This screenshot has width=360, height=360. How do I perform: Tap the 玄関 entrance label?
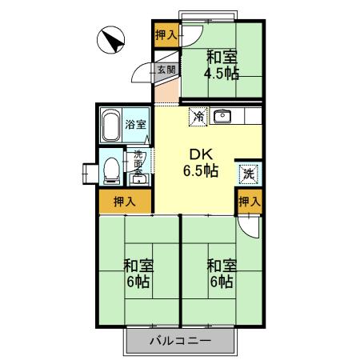(x=166, y=70)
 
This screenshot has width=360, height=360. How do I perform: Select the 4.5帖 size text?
(x=221, y=74)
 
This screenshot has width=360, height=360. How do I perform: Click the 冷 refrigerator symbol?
(x=198, y=118)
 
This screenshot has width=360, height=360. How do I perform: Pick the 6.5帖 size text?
(x=201, y=170)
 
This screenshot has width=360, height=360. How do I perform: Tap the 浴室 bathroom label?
(x=136, y=125)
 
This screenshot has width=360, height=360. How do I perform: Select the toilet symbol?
(x=110, y=168)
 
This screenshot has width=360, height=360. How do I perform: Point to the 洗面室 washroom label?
(x=138, y=163)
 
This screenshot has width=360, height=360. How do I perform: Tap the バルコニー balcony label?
(x=181, y=342)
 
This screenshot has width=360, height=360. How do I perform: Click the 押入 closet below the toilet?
(x=125, y=202)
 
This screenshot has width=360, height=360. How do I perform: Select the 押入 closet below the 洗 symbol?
(x=249, y=202)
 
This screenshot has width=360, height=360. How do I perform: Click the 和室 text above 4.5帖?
(x=221, y=56)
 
